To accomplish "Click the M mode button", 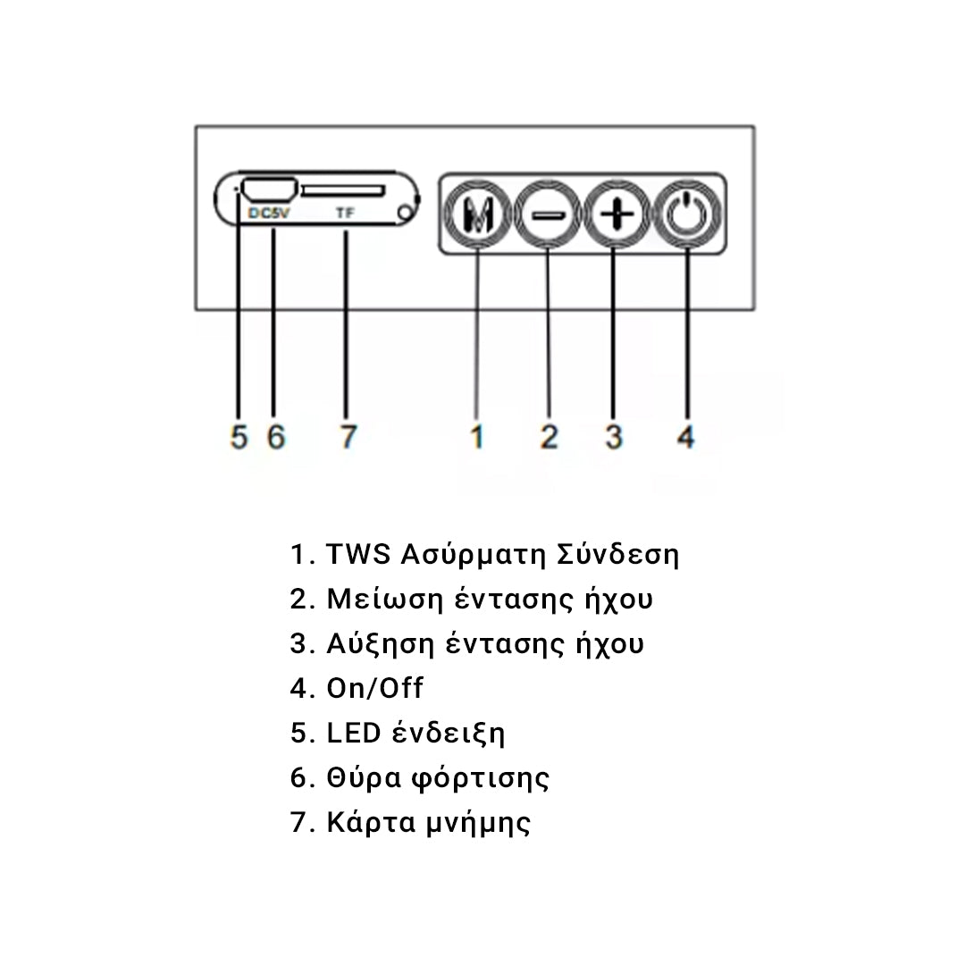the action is coord(478,214).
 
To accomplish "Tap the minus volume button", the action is coord(548,214).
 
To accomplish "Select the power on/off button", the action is coord(687,214).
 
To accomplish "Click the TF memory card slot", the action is coord(343,191).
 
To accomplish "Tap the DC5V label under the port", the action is coord(268,213).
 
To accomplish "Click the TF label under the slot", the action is coord(345,213).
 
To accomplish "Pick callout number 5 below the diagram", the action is coord(239,437).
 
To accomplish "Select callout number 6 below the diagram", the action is coord(276,437).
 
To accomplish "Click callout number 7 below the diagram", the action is coord(348,437).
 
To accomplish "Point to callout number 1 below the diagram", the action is coord(477,437).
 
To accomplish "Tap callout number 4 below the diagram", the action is coord(686,437).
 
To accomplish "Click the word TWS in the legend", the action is coord(358,554).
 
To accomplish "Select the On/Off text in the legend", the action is coord(374,688).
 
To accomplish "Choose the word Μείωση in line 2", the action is coord(384,599).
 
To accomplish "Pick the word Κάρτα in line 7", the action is coord(371,822).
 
